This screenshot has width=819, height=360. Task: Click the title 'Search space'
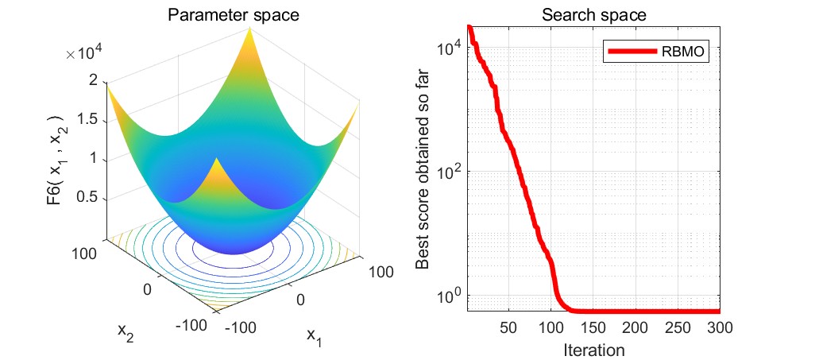coord(594,15)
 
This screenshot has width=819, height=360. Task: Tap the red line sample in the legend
coord(633,52)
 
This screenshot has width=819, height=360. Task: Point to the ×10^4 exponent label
coord(86,54)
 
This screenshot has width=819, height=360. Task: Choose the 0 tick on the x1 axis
coord(300,298)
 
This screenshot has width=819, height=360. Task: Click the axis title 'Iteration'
coord(593,349)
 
